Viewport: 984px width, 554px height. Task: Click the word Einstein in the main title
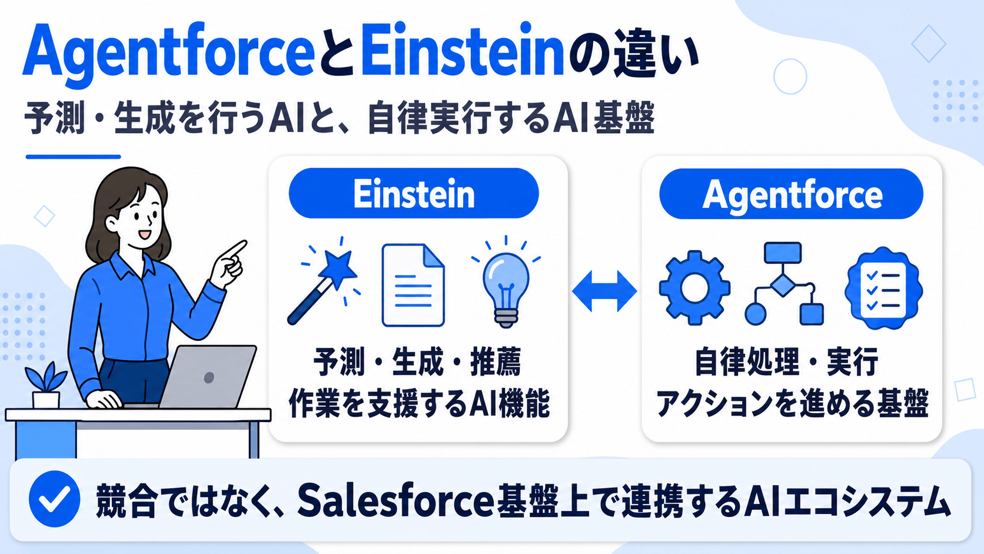[x=463, y=51]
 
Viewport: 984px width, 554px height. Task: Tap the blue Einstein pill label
[x=413, y=193]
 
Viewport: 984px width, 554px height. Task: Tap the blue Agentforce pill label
[x=791, y=194]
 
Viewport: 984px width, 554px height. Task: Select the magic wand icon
[x=324, y=281]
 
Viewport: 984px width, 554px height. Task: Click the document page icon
[x=413, y=285]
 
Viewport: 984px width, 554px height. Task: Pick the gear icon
[x=694, y=288]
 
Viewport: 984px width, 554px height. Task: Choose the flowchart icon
[x=784, y=283]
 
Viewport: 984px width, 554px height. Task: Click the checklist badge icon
[x=883, y=288]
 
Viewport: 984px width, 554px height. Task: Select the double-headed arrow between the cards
[x=604, y=291]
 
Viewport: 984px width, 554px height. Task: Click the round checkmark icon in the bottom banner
[x=55, y=499]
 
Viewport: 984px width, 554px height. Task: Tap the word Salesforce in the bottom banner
[x=396, y=500]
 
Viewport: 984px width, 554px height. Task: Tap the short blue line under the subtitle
[x=74, y=157]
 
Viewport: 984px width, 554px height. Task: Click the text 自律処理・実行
[x=786, y=362]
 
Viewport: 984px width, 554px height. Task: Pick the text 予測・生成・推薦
[x=417, y=362]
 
